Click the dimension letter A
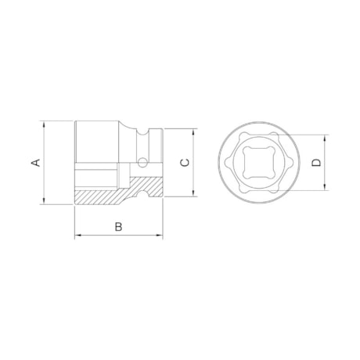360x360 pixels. [x=34, y=162]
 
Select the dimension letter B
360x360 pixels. [x=118, y=226]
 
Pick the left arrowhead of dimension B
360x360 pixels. [x=77, y=236]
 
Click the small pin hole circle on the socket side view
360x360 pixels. [x=142, y=163]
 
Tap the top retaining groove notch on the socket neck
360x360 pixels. [x=142, y=133]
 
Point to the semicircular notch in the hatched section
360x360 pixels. [x=142, y=189]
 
